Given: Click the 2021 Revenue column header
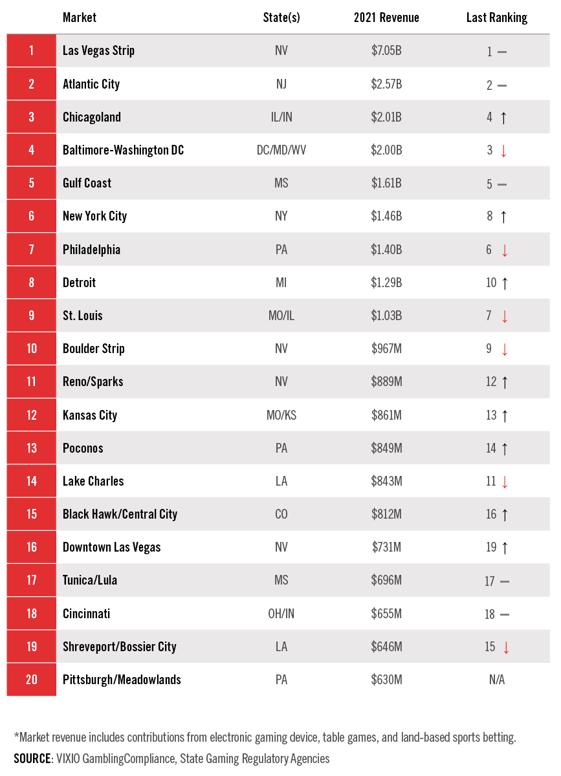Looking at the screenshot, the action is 386,17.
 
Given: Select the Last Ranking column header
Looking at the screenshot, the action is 496,17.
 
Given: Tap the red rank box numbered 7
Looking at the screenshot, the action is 32,249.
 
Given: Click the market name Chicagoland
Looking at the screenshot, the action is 92,117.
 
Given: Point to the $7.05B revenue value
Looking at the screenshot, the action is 386,50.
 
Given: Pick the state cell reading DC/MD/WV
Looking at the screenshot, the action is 281,150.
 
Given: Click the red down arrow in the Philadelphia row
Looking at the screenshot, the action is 505,250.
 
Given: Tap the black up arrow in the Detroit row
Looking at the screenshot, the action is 505,283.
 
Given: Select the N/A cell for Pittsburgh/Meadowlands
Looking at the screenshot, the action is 496,680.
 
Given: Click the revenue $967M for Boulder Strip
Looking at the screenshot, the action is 386,349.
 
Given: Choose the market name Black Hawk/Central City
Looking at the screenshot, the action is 120,514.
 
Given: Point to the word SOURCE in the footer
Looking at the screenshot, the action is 32,759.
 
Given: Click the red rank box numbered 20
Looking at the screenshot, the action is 32,680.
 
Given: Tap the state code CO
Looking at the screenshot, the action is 281,514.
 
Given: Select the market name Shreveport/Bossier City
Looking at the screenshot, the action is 120,647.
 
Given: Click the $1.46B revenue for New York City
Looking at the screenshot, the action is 386,216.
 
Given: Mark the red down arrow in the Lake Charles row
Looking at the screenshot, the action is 505,482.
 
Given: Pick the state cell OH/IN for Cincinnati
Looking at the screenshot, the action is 281,614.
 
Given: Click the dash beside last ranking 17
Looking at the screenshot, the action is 505,581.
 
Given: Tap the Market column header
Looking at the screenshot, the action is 80,17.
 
